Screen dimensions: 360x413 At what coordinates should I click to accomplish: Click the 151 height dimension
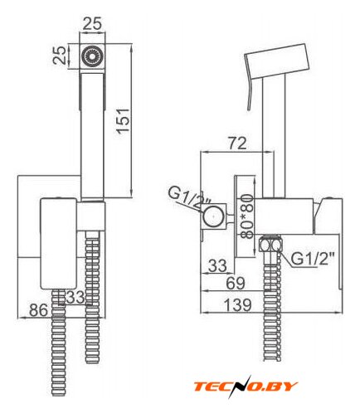pos(124,121)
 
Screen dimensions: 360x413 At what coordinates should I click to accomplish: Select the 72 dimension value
pos(237,143)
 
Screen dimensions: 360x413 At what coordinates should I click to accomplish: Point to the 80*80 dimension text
pos(246,216)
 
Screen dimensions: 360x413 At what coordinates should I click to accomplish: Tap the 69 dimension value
pos(236,283)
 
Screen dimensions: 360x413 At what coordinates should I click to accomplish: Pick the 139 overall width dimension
pos(237,304)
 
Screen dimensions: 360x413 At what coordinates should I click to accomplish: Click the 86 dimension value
pos(38,310)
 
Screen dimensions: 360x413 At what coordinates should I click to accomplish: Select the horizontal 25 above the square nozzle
pos(92,23)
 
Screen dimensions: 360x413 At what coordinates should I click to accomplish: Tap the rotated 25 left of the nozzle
pos(60,56)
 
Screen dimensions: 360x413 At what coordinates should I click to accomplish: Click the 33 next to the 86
pos(75,298)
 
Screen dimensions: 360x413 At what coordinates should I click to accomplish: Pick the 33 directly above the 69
pos(217,265)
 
